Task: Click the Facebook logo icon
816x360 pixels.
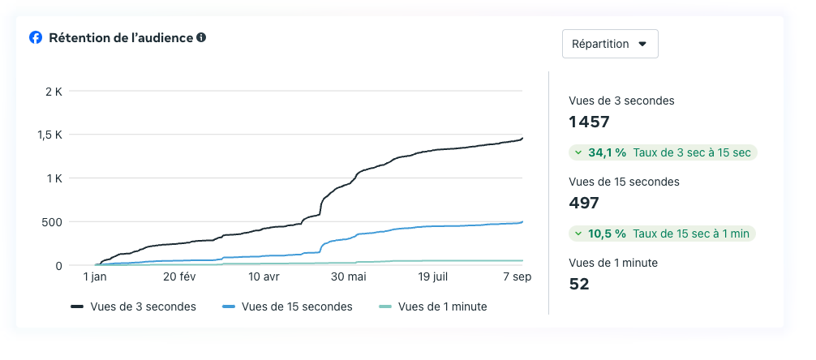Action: (36, 38)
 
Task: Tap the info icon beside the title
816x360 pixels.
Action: (201, 37)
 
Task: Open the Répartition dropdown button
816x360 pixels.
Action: (610, 44)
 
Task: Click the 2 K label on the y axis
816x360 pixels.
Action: (54, 91)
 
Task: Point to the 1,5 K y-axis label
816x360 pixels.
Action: (50, 135)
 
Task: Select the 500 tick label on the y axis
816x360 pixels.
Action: (51, 222)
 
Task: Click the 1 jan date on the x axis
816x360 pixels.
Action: (95, 277)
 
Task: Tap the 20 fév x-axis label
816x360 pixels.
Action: (179, 277)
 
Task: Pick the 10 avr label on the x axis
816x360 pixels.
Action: (264, 277)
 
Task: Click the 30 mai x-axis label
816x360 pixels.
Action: (348, 277)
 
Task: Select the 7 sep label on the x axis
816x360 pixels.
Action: (517, 277)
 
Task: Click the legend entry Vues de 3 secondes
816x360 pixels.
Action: (134, 306)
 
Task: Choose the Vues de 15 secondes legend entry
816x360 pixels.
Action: (287, 306)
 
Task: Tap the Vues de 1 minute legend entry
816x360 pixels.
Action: (433, 306)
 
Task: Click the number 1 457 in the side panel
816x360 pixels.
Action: (589, 122)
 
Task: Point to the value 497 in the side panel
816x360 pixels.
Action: (584, 204)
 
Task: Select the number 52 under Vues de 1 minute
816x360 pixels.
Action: (579, 284)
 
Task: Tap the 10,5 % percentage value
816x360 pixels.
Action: (608, 234)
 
